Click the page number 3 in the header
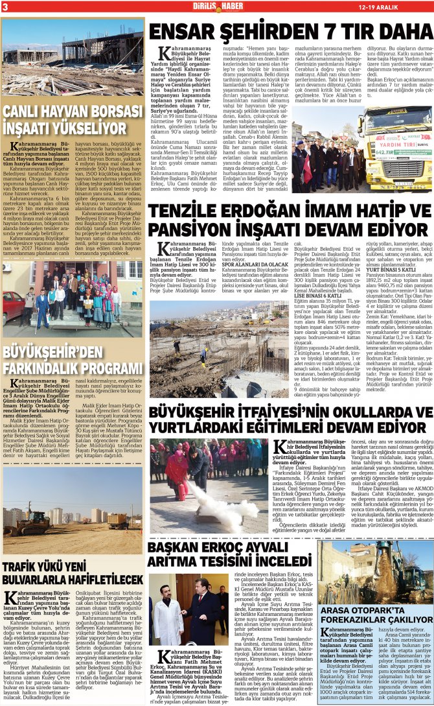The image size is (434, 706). tap(5, 6)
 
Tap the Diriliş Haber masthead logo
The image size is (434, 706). tap(216, 6)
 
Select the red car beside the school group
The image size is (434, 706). tap(11, 299)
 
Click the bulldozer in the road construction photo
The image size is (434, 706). tap(116, 519)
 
